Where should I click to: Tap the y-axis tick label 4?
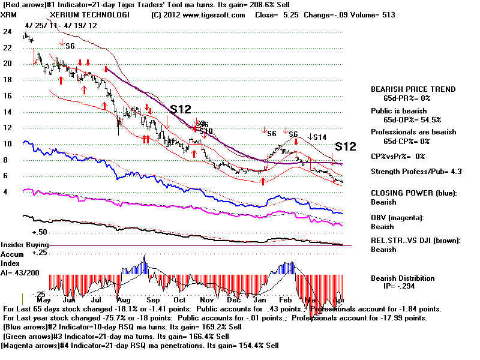[7, 192]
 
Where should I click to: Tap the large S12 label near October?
[181, 109]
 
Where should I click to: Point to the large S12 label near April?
[346, 146]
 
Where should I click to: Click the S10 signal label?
[206, 131]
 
